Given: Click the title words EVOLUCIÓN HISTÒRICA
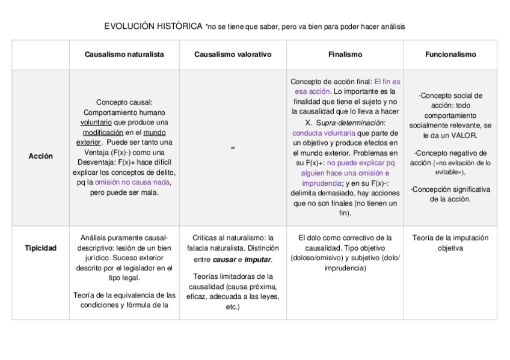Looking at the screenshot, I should [153, 26].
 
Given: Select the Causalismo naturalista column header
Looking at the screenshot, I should [124, 55].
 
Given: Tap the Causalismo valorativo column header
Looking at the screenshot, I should [233, 55].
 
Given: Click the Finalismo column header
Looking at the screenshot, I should [345, 55].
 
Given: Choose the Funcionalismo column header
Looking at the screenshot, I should [450, 55].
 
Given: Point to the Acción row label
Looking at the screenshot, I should [40, 156].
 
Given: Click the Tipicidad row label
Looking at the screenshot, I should [40, 248].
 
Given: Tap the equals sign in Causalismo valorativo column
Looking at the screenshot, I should [233, 148].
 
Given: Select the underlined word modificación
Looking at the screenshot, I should [103, 132].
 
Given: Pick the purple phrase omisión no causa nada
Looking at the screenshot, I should [132, 182].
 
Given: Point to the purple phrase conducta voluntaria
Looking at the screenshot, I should [323, 132].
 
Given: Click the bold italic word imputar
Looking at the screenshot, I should [259, 260].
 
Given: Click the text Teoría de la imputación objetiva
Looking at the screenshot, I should [450, 243].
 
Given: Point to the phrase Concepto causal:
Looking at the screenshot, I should [124, 103].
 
